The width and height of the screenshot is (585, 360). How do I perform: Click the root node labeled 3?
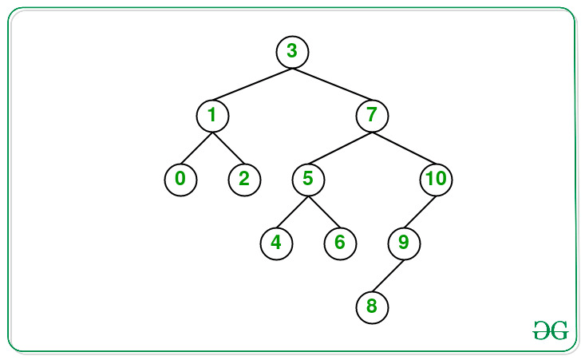pyautogui.click(x=292, y=52)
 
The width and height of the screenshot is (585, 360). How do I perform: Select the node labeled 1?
pyautogui.click(x=212, y=116)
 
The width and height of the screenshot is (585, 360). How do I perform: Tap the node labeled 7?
pyautogui.click(x=372, y=116)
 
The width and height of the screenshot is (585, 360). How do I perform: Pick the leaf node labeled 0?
pyautogui.click(x=180, y=179)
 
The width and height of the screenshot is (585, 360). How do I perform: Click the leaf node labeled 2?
pyautogui.click(x=244, y=179)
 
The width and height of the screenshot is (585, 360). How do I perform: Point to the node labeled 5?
pyautogui.click(x=308, y=179)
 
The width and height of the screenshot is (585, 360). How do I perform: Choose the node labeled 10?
pyautogui.click(x=436, y=179)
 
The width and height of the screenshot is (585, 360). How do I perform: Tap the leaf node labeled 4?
pyautogui.click(x=276, y=243)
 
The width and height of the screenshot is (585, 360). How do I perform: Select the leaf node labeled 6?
pyautogui.click(x=340, y=243)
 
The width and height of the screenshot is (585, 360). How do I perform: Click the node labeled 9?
pyautogui.click(x=404, y=243)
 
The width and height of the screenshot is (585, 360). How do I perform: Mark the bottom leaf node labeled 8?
pyautogui.click(x=372, y=306)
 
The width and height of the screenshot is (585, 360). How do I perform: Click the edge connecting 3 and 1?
pyautogui.click(x=252, y=84)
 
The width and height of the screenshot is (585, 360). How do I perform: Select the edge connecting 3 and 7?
pyautogui.click(x=332, y=84)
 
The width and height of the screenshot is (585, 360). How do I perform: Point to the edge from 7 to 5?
pyautogui.click(x=340, y=148)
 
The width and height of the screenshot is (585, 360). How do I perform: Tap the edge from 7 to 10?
pyautogui.click(x=404, y=148)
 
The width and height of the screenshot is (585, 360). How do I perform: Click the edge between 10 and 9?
pyautogui.click(x=420, y=211)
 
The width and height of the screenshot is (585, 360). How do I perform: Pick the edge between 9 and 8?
pyautogui.click(x=388, y=275)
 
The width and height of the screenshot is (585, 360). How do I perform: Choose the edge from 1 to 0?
pyautogui.click(x=196, y=148)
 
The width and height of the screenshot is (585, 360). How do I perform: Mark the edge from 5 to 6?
pyautogui.click(x=324, y=211)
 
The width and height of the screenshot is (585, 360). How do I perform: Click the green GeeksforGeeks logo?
pyautogui.click(x=550, y=330)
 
